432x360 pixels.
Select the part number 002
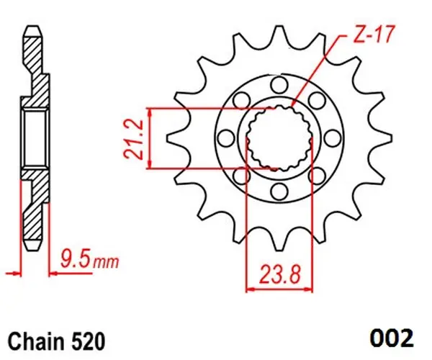click(394, 337)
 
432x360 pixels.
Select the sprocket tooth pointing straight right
click(380, 138)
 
